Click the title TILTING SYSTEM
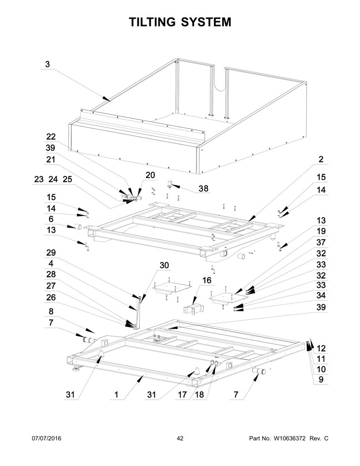[x=180, y=22]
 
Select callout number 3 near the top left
[x=48, y=64]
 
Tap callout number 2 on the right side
[x=321, y=159]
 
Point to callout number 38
[x=203, y=188]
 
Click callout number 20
[x=150, y=175]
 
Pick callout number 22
[x=51, y=137]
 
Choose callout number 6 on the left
[x=51, y=219]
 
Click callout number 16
[x=207, y=280]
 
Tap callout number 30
[x=164, y=265]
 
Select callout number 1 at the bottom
[x=116, y=395]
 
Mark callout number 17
[x=182, y=395]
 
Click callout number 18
[x=199, y=395]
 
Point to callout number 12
[x=321, y=348]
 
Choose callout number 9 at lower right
[x=321, y=379]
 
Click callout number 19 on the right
[x=321, y=231]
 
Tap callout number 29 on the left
[x=51, y=252]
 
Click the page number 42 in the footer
[x=180, y=438]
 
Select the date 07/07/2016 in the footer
[x=47, y=438]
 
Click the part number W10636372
[x=288, y=438]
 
